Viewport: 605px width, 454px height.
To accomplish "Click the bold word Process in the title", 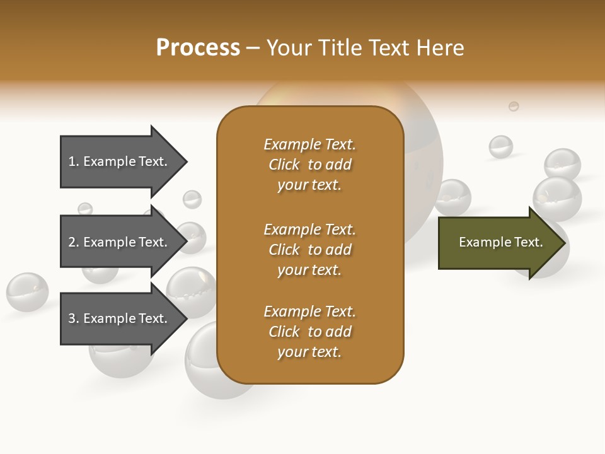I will tap(198, 48).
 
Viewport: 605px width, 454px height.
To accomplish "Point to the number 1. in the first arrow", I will tap(74, 161).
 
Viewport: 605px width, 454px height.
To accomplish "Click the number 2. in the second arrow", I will tap(74, 242).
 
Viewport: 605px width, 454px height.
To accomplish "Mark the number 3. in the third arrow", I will tap(74, 318).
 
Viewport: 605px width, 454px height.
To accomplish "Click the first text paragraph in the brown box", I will tap(309, 165).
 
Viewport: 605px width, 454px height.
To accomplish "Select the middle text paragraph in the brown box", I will tap(309, 250).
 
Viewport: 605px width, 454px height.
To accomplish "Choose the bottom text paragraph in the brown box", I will tap(309, 332).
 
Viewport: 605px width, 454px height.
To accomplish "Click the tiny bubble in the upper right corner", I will tap(514, 106).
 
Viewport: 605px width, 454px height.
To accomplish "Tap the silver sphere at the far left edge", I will tap(27, 292).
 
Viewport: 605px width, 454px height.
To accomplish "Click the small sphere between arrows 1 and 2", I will tap(192, 199).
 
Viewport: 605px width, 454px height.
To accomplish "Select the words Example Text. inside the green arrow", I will tap(500, 242).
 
